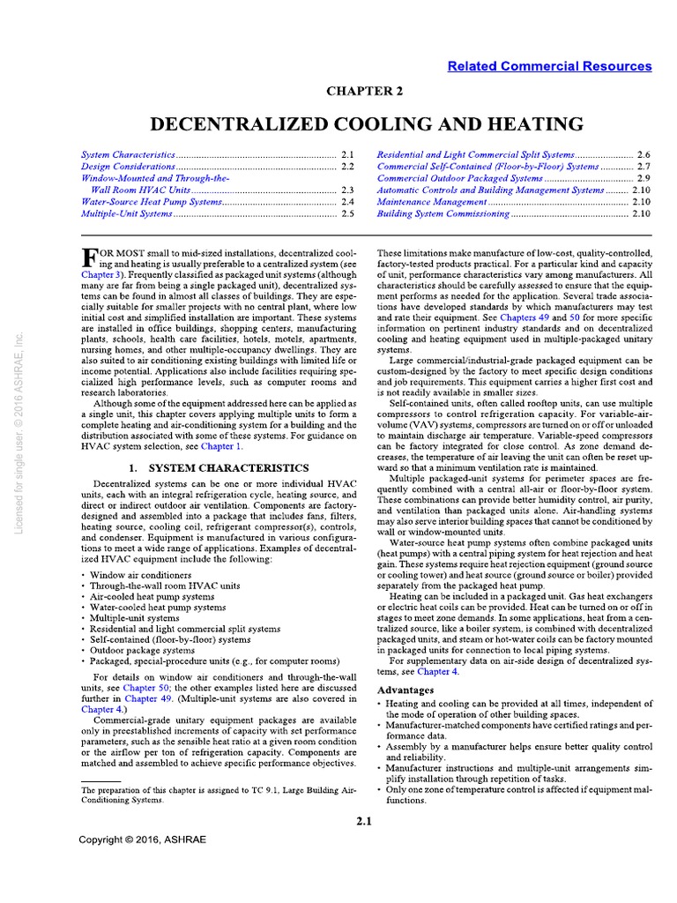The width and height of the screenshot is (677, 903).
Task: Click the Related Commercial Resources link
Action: point(549,66)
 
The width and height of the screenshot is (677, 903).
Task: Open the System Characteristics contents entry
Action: point(129,153)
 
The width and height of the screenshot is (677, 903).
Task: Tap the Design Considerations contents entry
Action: point(129,166)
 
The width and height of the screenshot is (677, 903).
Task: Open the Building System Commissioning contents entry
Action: point(443,213)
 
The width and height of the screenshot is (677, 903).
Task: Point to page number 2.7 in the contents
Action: point(643,166)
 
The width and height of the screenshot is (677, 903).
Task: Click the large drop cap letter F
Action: point(88,258)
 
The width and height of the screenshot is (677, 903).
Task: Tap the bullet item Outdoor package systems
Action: point(140,649)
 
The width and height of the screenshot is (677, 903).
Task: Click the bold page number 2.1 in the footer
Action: point(365,822)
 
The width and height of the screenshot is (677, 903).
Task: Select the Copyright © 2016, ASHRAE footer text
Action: point(142,840)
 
